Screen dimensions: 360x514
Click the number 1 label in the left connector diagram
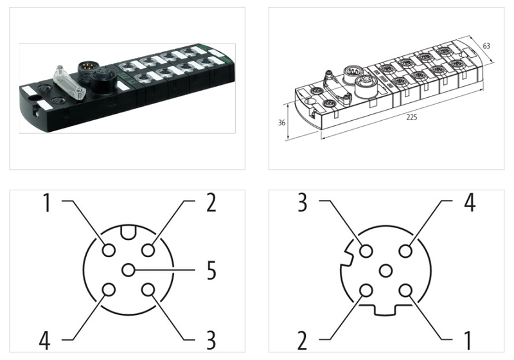tap(46, 203)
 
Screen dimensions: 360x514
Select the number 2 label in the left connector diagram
tap(210, 203)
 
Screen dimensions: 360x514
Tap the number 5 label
tap(210, 271)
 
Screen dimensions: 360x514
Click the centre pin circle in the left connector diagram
tap(128, 271)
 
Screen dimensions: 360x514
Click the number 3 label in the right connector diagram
tap(304, 203)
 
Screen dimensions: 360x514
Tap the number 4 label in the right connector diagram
tap(469, 203)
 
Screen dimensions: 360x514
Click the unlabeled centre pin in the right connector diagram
tap(386, 271)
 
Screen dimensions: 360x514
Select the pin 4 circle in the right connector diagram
tap(406, 250)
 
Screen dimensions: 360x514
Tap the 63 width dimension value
tap(486, 46)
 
